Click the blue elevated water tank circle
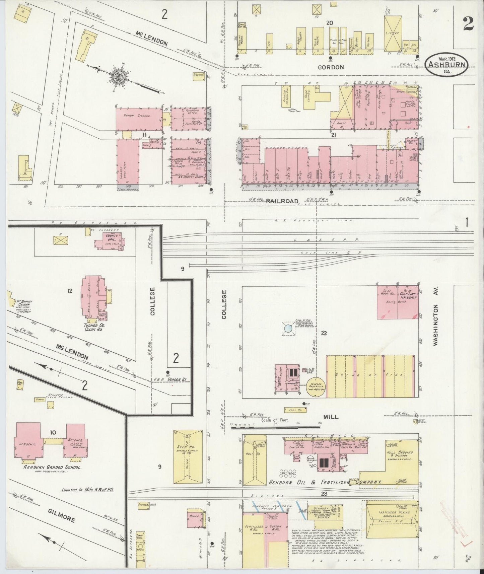click(287, 330)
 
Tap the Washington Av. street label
click(435, 325)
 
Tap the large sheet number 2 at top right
click(468, 24)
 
